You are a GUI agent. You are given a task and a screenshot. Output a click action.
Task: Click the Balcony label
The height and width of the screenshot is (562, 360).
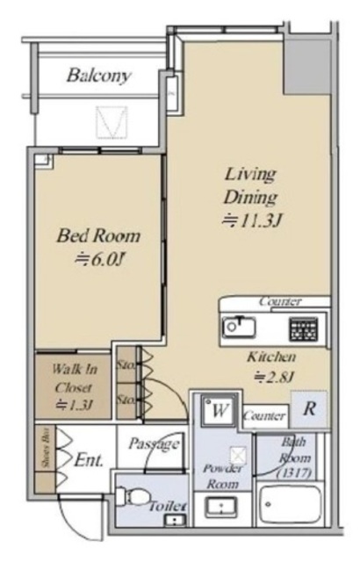pyautogui.click(x=99, y=76)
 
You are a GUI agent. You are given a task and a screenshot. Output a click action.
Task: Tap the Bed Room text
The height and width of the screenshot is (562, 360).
pyautogui.click(x=98, y=235)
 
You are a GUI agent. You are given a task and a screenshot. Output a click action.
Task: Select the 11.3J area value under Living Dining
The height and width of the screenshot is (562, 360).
pyautogui.click(x=250, y=220)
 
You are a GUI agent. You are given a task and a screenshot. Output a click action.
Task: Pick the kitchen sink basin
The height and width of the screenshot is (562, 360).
pyautogui.click(x=238, y=328)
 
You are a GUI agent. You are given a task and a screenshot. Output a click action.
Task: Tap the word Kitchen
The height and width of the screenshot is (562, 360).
pyautogui.click(x=270, y=357)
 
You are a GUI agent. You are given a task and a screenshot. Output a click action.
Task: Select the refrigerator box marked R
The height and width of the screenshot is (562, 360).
pyautogui.click(x=309, y=409)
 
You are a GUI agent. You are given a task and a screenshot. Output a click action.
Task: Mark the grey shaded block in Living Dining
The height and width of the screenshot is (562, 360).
pyautogui.click(x=310, y=61)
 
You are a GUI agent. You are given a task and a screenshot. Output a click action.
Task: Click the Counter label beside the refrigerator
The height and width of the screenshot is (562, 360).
pyautogui.click(x=264, y=415)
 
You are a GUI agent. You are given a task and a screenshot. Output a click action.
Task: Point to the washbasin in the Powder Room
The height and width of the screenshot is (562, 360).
pyautogui.click(x=220, y=508)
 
